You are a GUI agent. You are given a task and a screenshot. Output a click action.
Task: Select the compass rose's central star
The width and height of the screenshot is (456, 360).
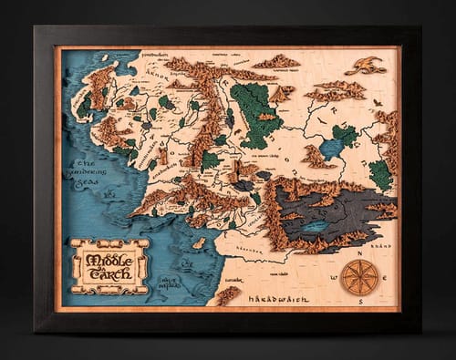click(x=358, y=276)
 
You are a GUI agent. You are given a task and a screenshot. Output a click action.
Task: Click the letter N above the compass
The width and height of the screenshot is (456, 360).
click(x=359, y=254)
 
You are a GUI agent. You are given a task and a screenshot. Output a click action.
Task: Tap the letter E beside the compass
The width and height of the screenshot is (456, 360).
click(x=382, y=276)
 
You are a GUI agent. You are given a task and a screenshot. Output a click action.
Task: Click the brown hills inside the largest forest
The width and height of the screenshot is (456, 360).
click(x=267, y=117)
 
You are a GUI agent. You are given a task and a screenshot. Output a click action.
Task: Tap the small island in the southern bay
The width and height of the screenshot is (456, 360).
click(x=199, y=242)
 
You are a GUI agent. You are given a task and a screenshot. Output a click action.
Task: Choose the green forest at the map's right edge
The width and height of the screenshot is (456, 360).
click(x=382, y=173)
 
